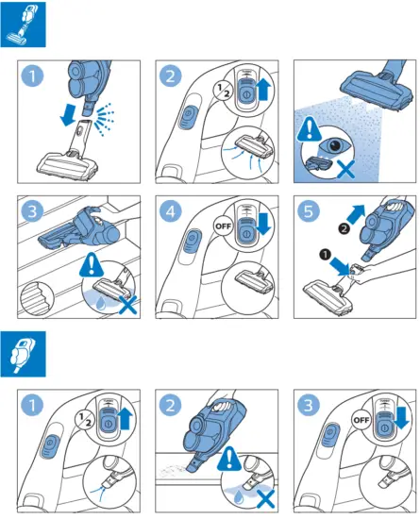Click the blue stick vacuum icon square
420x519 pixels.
pos(24,25)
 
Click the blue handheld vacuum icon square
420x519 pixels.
pos(24,354)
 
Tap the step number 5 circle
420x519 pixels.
pos(309,210)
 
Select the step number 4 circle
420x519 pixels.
pos(170,210)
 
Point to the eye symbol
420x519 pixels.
pos(334,145)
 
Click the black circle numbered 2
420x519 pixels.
pos(344,228)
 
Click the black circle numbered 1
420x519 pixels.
pos(325,255)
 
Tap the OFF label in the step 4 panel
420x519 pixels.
pos(224,226)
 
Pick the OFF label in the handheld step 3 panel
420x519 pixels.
pos(361,420)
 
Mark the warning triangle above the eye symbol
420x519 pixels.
pos(310,129)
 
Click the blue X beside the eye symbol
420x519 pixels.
pos(345,169)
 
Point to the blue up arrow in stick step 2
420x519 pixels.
pos(263,89)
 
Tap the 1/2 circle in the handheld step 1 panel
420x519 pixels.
pos(85,419)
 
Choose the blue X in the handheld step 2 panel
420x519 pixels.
pos(265,499)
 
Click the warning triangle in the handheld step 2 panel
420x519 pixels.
pos(229,459)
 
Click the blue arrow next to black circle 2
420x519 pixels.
pos(356,214)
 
